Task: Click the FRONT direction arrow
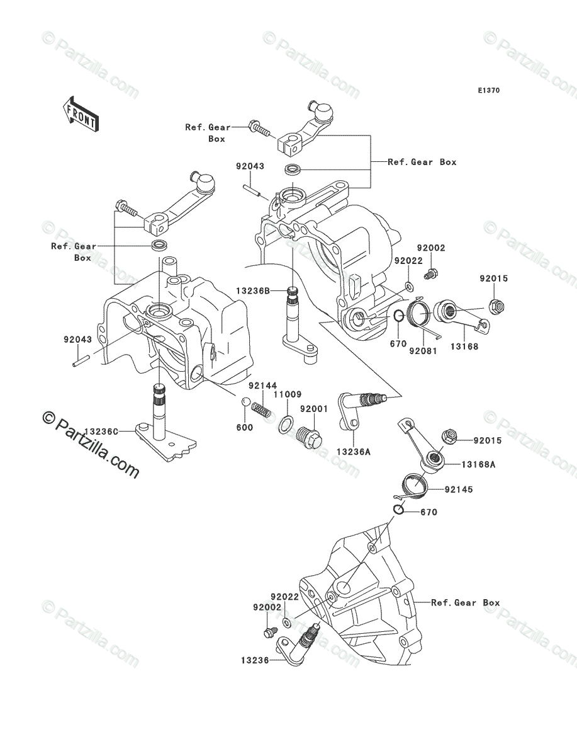point(81,114)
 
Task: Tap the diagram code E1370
point(489,91)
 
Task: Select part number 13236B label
point(253,292)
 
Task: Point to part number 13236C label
point(101,431)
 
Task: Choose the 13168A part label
point(478,464)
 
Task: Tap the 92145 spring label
point(459,490)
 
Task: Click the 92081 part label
point(423,351)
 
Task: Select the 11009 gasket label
point(288,394)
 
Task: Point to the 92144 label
point(263,386)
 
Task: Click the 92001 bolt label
point(314,409)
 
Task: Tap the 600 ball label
point(245,427)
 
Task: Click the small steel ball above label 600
point(245,401)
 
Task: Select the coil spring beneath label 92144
point(261,409)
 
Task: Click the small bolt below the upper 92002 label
point(430,275)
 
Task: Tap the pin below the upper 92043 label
point(251,190)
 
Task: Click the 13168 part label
point(464,346)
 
